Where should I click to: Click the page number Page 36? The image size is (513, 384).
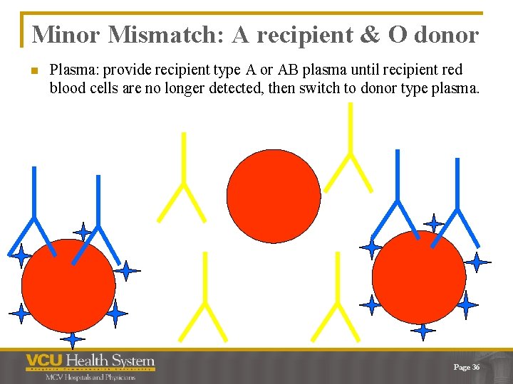pos(467,367)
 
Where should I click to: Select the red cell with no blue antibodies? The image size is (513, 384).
pos(274,196)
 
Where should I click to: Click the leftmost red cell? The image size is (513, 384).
pos(68,285)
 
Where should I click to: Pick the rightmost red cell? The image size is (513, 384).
pos(419,277)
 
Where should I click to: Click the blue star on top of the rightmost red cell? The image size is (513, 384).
pos(433,223)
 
